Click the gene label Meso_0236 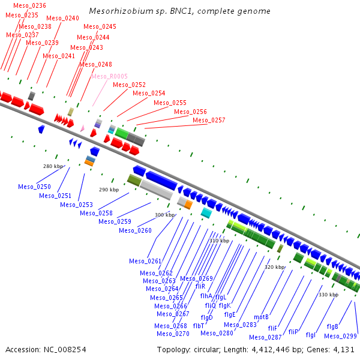[29, 5]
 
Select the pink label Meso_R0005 [110, 76]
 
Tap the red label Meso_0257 [209, 120]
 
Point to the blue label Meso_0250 [34, 187]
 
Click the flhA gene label [206, 296]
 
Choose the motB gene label [261, 317]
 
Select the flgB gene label [332, 326]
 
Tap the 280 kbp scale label [53, 166]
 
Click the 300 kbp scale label [164, 215]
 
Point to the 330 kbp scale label [329, 295]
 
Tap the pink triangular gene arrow [82, 128]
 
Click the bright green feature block [121, 133]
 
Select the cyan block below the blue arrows [206, 213]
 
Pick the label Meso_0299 [340, 336]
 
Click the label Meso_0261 [145, 261]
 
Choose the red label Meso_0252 [129, 85]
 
